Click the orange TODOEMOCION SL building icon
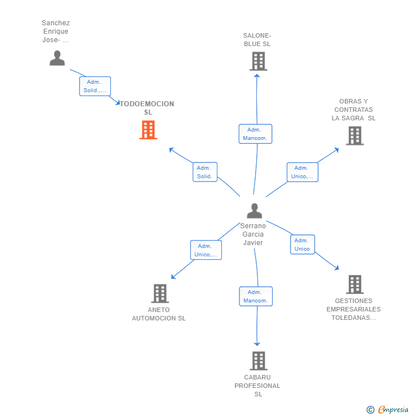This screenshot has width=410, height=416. (148, 130)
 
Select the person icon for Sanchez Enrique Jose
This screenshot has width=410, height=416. (57, 58)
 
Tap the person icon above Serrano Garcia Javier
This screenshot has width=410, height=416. (255, 211)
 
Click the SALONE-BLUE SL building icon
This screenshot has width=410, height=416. (258, 61)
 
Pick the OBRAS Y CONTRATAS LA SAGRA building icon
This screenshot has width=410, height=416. (354, 135)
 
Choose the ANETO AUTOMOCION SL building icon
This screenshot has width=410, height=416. (160, 293)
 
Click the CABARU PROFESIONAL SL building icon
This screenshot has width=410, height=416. (258, 361)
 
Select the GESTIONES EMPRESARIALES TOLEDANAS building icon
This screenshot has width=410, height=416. (354, 284)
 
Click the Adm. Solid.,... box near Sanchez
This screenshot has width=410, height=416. (95, 86)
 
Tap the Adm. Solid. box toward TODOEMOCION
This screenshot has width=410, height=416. (204, 172)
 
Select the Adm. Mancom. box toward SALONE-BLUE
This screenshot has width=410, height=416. (255, 134)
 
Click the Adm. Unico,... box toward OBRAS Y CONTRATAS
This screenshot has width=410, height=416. (302, 172)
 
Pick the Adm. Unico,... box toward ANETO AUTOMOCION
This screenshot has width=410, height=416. (206, 250)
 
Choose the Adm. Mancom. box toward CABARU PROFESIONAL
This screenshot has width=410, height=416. (256, 296)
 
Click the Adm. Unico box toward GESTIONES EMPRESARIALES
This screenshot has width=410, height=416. (302, 245)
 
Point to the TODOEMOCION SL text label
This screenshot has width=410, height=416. (148, 108)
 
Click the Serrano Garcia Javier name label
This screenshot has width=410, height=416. (253, 234)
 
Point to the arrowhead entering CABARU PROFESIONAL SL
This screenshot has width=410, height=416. (257, 343)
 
